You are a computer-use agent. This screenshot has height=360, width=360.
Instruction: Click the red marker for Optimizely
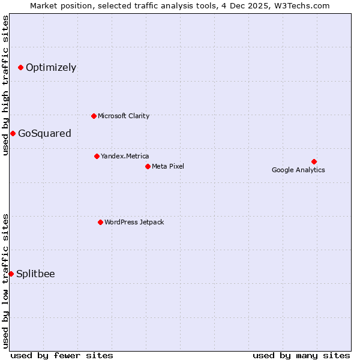pos(20,67)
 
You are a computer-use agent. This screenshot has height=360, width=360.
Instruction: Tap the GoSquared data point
pos(13,133)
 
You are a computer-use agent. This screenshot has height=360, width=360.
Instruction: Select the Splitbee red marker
pos(11,274)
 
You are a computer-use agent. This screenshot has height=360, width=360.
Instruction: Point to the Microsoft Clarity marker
pos(94,116)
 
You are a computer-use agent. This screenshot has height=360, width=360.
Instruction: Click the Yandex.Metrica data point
pos(97,156)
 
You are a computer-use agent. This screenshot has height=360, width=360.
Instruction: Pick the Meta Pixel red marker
pos(148,166)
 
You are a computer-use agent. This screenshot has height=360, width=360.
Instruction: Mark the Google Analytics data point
pos(314,161)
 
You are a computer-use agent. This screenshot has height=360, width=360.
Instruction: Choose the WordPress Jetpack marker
pos(100,222)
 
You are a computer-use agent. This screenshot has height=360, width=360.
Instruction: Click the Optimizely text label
pos(51,67)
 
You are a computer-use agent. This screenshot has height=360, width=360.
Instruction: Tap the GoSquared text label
pos(44,133)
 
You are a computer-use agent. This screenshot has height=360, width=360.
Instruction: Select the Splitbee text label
pos(35,274)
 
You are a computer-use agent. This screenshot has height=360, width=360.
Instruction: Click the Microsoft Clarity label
pos(124,116)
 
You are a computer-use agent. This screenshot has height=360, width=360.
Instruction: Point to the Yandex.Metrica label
pos(125,156)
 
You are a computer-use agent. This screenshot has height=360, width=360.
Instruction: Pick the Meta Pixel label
pos(168,166)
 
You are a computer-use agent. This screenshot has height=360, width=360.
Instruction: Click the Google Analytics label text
pos(298,170)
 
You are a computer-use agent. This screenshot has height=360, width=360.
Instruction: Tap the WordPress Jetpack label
pos(134,222)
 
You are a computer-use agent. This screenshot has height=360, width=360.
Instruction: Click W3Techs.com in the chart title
pos(302,6)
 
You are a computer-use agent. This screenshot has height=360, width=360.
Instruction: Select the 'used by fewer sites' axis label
pos(62,355)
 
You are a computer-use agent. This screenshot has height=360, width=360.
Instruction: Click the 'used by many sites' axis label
pos(301,355)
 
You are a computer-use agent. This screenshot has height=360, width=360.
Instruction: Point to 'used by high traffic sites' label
pos(6,85)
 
